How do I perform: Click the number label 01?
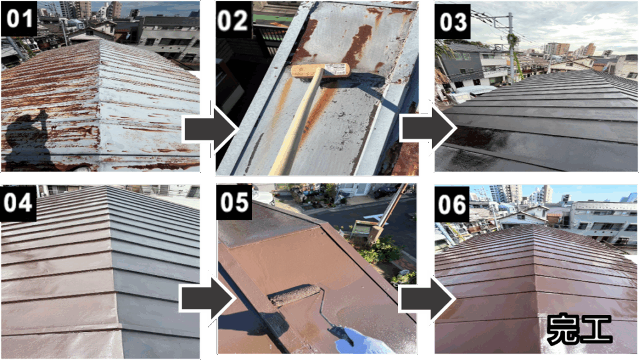click(x=19, y=19)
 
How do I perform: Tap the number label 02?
click(x=234, y=19)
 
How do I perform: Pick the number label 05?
click(x=234, y=202)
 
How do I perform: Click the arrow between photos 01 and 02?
click(x=211, y=130)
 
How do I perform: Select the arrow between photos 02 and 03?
click(x=428, y=129)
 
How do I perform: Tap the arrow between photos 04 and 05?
click(x=207, y=300)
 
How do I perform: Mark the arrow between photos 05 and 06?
click(x=427, y=299)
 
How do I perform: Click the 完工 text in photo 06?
click(x=579, y=329)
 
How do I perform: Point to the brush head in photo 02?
click(x=320, y=71)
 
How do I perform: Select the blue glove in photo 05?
click(x=359, y=341)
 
